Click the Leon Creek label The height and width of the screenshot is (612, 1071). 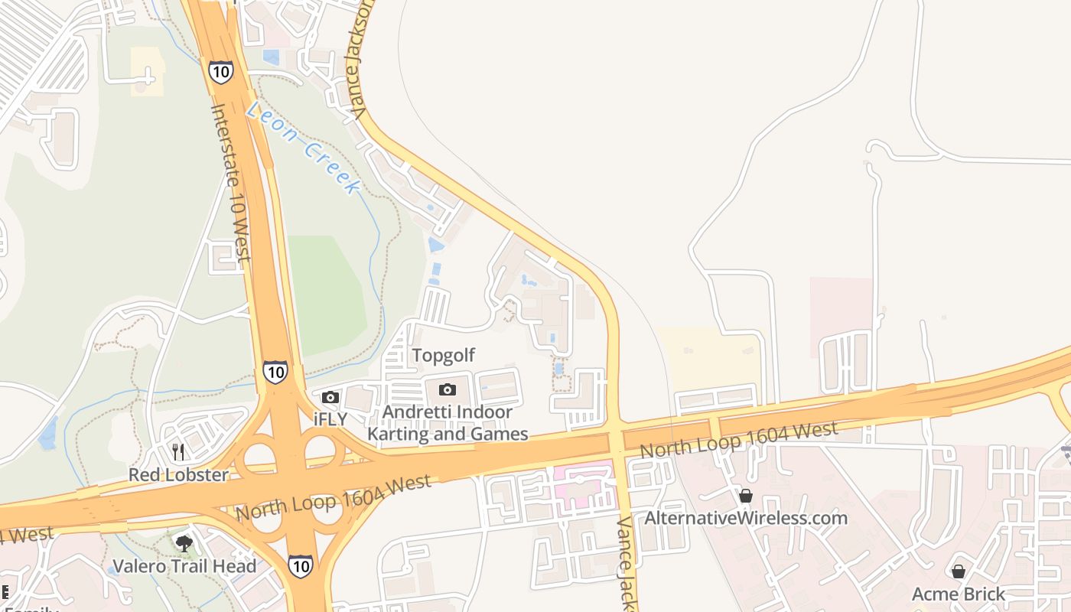[304, 148]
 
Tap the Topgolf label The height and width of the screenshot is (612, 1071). [444, 355]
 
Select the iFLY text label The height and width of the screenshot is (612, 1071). [330, 418]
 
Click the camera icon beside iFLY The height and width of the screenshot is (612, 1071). [330, 397]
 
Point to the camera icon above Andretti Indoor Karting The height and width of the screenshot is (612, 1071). [448, 390]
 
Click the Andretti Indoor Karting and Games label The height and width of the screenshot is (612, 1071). [448, 423]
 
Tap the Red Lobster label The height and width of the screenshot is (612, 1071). [178, 475]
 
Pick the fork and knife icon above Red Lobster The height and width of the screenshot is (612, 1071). [178, 452]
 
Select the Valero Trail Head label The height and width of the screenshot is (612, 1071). [184, 567]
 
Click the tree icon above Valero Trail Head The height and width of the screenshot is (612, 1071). [184, 544]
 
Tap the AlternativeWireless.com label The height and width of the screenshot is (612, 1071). [746, 518]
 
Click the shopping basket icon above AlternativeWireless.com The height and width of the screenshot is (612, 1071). [746, 496]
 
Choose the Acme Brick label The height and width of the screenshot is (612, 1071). [959, 594]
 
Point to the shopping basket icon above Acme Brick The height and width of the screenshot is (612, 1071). [959, 571]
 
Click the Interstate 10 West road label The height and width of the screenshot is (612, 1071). [230, 184]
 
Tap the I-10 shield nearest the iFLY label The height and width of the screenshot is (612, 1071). [275, 372]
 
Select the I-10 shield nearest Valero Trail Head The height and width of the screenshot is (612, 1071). [300, 566]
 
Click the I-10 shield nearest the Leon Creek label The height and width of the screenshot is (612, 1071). [219, 72]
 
